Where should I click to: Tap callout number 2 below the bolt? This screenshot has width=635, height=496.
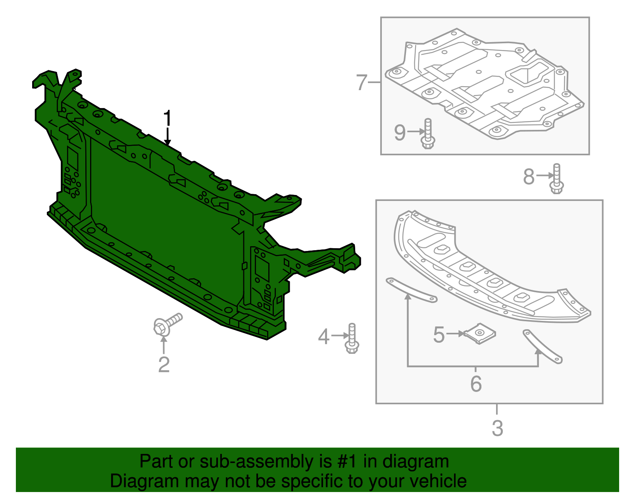tap(164, 365)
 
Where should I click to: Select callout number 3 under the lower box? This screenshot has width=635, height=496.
tap(497, 428)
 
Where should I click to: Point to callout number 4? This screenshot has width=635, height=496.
tap(323, 336)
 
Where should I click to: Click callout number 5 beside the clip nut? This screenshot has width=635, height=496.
tap(439, 334)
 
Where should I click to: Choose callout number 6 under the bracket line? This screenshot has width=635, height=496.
tap(476, 384)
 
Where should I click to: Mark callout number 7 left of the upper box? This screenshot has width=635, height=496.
tap(362, 83)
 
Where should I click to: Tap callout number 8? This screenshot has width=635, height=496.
tap(529, 177)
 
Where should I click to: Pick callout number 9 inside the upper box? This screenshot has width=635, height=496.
tap(400, 132)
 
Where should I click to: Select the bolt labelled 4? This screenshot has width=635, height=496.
tap(352, 338)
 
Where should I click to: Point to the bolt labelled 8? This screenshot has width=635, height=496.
tap(556, 178)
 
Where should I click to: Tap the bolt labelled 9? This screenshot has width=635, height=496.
tap(428, 133)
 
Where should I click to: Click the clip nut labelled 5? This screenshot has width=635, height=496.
tap(479, 334)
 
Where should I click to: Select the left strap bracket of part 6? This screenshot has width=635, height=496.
tap(412, 290)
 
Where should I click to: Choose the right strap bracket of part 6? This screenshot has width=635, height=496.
tap(543, 347)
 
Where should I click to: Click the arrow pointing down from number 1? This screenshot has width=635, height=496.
tap(167, 136)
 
